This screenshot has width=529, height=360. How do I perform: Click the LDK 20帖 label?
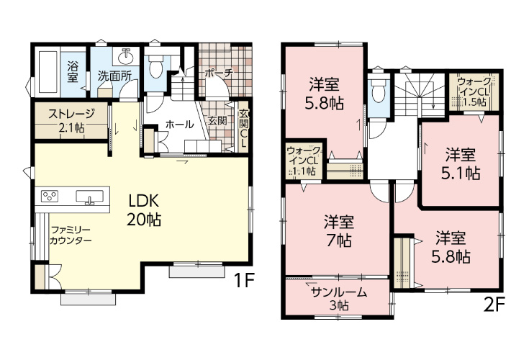(144, 210)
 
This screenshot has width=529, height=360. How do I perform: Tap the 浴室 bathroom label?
(73, 71)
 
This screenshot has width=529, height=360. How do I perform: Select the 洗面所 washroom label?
(114, 76)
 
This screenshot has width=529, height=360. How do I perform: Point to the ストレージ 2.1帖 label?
(71, 120)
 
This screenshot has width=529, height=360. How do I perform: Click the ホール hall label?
(179, 125)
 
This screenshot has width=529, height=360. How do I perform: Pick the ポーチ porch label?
(219, 73)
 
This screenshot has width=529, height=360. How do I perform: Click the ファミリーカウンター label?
(71, 235)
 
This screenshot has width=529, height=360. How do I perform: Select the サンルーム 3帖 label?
(339, 299)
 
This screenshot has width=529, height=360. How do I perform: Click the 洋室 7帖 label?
(339, 232)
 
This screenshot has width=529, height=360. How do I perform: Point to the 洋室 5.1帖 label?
(461, 164)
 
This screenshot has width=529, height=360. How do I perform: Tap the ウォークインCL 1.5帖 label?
(474, 91)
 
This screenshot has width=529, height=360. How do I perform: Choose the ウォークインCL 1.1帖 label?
(304, 161)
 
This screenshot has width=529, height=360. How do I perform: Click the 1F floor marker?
(243, 280)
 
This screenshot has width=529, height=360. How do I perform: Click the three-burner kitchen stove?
(50, 196)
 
